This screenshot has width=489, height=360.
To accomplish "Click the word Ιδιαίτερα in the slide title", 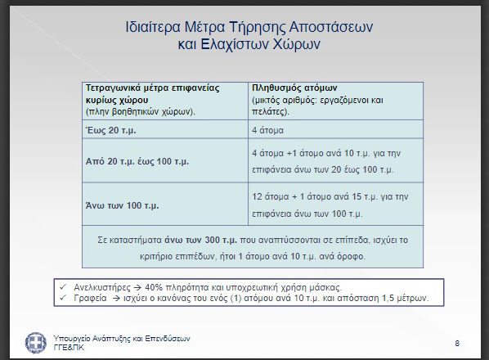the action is pyautogui.click(x=153, y=27).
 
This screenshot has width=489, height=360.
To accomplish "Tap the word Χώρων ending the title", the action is pyautogui.click(x=297, y=44).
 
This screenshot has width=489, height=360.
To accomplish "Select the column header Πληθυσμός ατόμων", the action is pyautogui.click(x=294, y=88).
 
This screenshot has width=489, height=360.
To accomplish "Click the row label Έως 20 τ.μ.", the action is pyautogui.click(x=110, y=130).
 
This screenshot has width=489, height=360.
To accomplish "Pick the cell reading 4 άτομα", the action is pyautogui.click(x=267, y=130).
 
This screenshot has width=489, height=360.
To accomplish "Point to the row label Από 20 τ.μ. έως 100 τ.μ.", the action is pyautogui.click(x=137, y=161).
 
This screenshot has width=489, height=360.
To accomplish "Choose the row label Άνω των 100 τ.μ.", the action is pyautogui.click(x=123, y=205).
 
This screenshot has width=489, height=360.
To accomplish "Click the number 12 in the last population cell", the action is pyautogui.click(x=257, y=196).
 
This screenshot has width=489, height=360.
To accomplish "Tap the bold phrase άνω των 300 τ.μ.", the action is pyautogui.click(x=201, y=240).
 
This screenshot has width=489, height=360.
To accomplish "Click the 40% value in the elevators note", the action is pyautogui.click(x=154, y=287).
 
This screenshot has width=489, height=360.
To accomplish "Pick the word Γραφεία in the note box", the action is pyautogui.click(x=90, y=299).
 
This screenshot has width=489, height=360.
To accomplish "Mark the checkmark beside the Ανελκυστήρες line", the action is pyautogui.click(x=63, y=286).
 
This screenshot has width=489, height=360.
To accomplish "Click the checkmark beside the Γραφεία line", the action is pyautogui.click(x=63, y=298).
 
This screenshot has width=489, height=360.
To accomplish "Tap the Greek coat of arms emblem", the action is pyautogui.click(x=36, y=343).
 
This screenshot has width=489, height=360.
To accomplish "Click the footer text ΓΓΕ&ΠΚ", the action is pyautogui.click(x=69, y=348).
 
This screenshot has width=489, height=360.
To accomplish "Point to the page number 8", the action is pyautogui.click(x=457, y=344).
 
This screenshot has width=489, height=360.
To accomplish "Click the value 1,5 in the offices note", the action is pyautogui.click(x=388, y=299).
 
